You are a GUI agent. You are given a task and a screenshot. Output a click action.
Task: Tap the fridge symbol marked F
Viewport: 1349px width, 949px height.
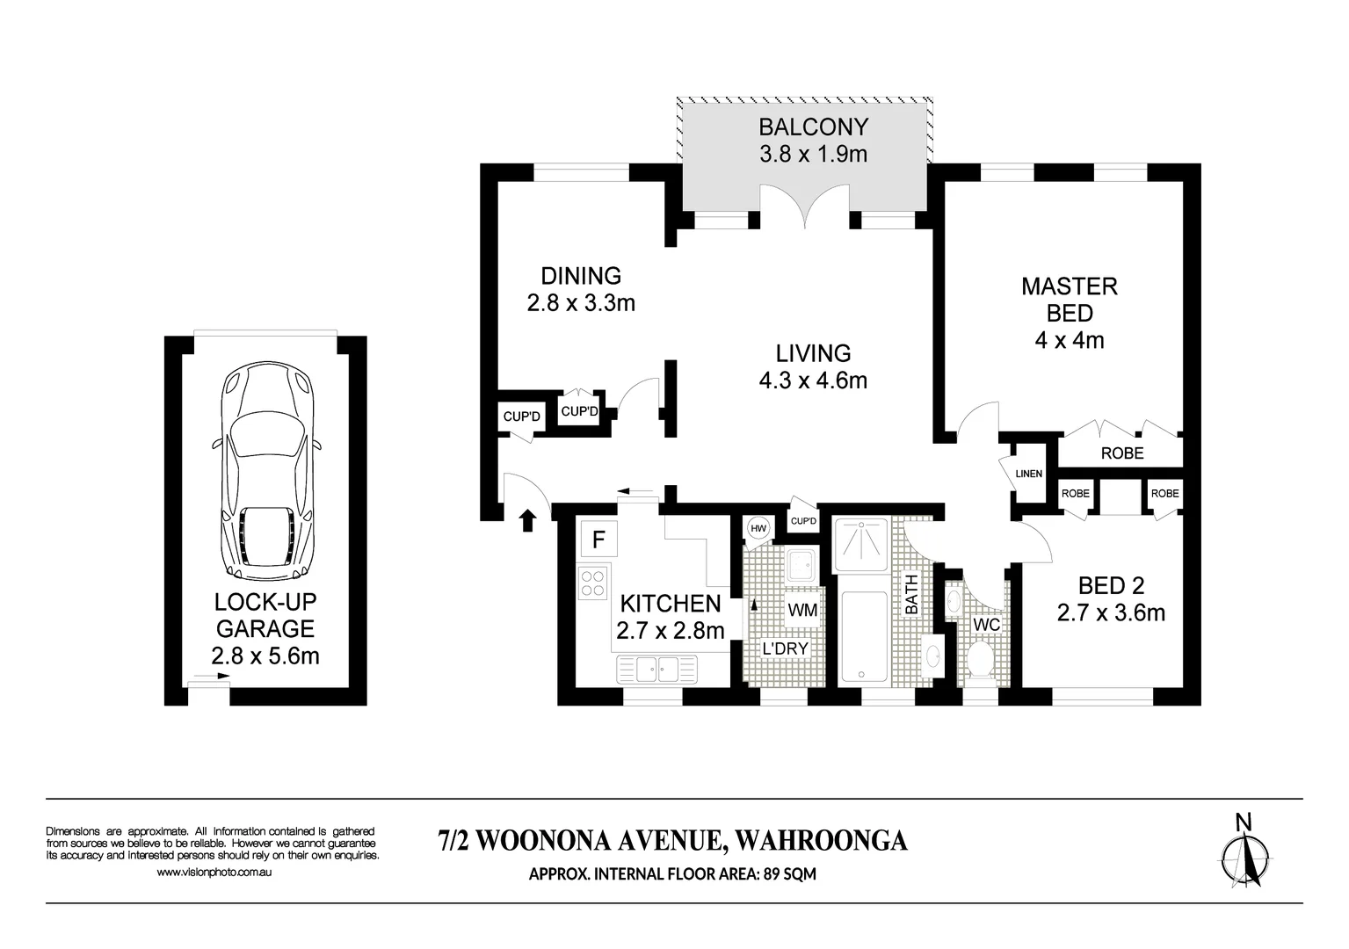coord(598,539)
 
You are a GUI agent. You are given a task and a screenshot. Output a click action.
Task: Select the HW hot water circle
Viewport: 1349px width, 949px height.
coord(758,528)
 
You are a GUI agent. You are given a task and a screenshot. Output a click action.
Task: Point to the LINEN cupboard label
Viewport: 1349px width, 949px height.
coord(1028,474)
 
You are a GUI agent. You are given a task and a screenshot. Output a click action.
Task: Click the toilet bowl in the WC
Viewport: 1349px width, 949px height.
coord(979,657)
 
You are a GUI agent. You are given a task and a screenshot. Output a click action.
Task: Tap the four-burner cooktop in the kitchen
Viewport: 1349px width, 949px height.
coord(593,583)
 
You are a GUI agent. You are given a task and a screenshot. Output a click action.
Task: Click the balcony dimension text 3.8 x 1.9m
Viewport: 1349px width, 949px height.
coord(813,155)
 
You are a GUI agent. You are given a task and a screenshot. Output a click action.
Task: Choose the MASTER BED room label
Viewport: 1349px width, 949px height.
coord(1069,299)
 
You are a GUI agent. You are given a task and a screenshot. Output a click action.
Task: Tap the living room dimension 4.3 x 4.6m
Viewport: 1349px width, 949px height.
coord(813,380)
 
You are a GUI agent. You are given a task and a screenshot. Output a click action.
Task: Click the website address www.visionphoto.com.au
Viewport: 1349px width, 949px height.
coord(214,873)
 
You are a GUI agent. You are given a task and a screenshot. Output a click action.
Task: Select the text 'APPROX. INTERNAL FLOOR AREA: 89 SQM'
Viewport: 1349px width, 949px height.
coord(673,874)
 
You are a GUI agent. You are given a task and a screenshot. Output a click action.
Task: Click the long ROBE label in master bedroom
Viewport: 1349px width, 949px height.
coord(1122,453)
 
